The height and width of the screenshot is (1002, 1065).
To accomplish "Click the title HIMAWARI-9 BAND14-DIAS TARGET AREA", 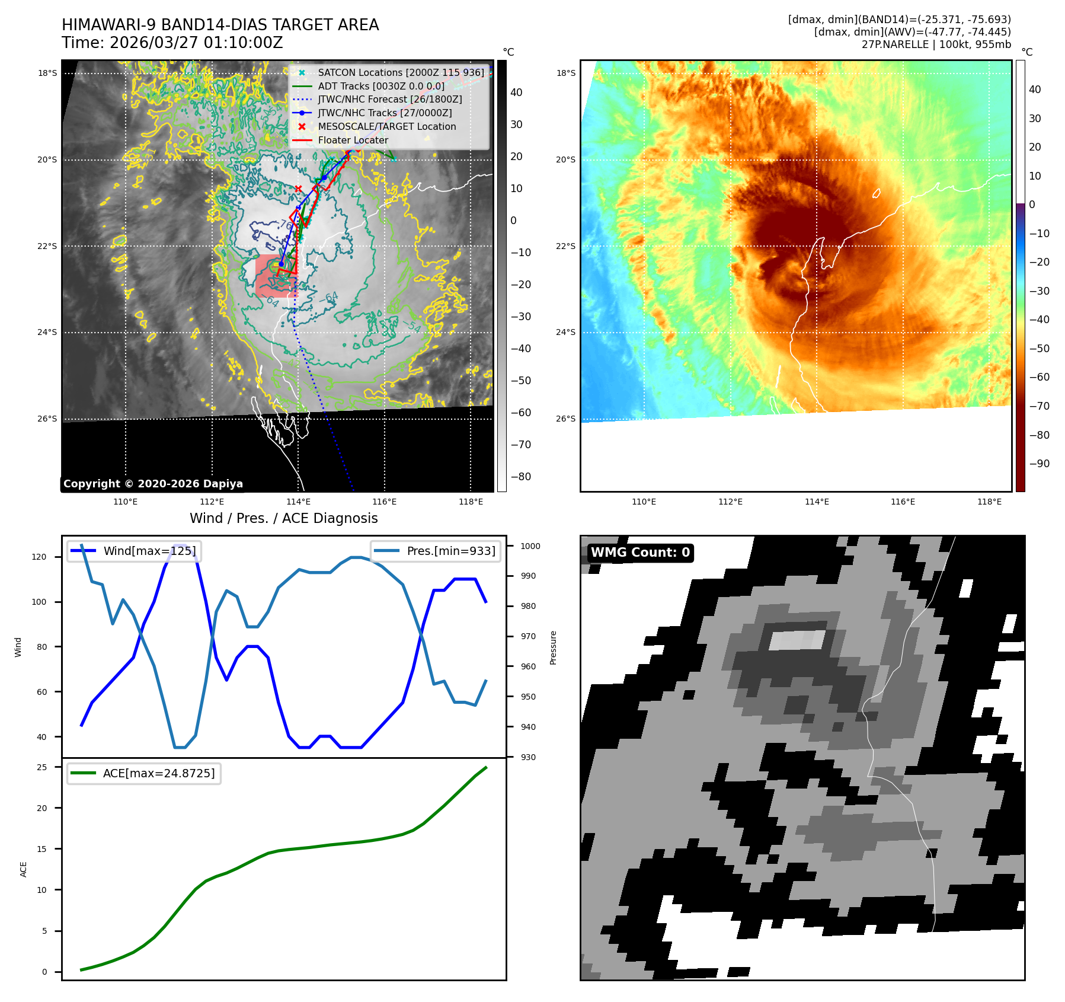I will tap(220, 25).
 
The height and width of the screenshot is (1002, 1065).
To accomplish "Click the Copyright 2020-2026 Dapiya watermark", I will tap(153, 484).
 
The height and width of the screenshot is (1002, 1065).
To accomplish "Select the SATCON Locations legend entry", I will tap(401, 72).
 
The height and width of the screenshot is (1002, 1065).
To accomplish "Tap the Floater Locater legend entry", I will tap(353, 141).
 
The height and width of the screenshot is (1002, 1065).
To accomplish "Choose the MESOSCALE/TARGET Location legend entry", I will tap(386, 127).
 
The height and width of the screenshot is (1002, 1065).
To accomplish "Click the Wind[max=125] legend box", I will tap(135, 551).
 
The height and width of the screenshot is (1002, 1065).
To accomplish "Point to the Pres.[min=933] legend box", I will tap(436, 551).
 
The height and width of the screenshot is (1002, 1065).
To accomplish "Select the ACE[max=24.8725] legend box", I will tap(144, 773).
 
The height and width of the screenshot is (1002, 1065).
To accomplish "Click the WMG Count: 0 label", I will tap(640, 553).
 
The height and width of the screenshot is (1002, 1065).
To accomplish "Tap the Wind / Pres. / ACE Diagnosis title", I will tap(283, 518).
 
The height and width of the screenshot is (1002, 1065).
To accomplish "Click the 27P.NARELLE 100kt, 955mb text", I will tap(936, 44).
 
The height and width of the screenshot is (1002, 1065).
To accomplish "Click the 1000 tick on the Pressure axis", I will tap(530, 546).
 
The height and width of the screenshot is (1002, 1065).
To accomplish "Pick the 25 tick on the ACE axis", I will tap(42, 767).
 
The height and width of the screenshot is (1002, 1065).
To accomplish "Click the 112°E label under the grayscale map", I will tap(212, 502).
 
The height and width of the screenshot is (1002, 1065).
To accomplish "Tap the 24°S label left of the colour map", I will tap(565, 332).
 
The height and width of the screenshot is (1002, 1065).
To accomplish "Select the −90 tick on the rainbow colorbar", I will tap(1039, 464).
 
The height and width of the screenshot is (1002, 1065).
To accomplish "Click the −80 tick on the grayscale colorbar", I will tap(521, 477).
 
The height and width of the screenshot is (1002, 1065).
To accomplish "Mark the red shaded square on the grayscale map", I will tap(276, 276).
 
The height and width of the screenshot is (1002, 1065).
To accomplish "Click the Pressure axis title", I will tap(553, 647).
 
